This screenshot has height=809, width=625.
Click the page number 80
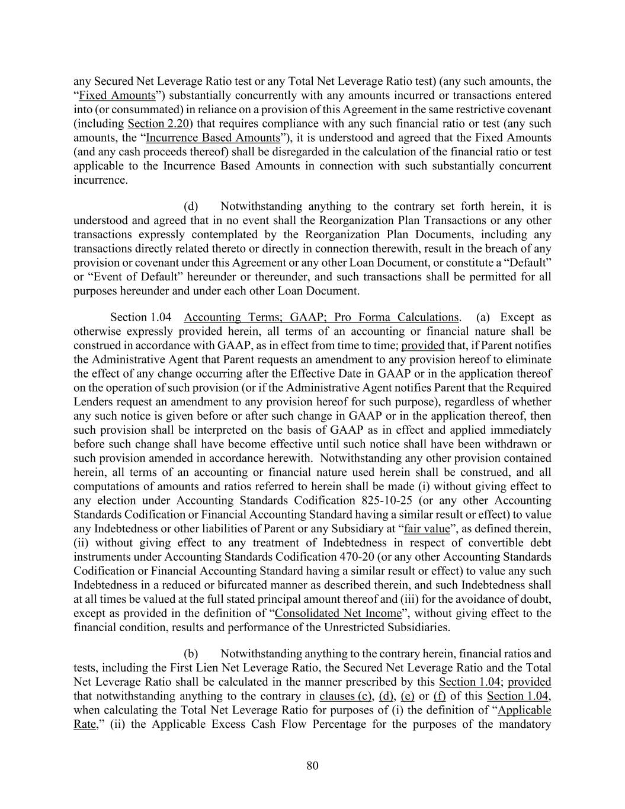(312, 766)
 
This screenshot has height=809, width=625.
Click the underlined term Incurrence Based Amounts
(213, 138)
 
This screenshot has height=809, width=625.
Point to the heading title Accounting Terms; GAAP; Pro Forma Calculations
(321, 317)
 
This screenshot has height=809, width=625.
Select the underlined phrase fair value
(427, 529)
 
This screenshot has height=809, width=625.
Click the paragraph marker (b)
(191, 654)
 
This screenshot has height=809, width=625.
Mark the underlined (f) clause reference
(439, 696)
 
